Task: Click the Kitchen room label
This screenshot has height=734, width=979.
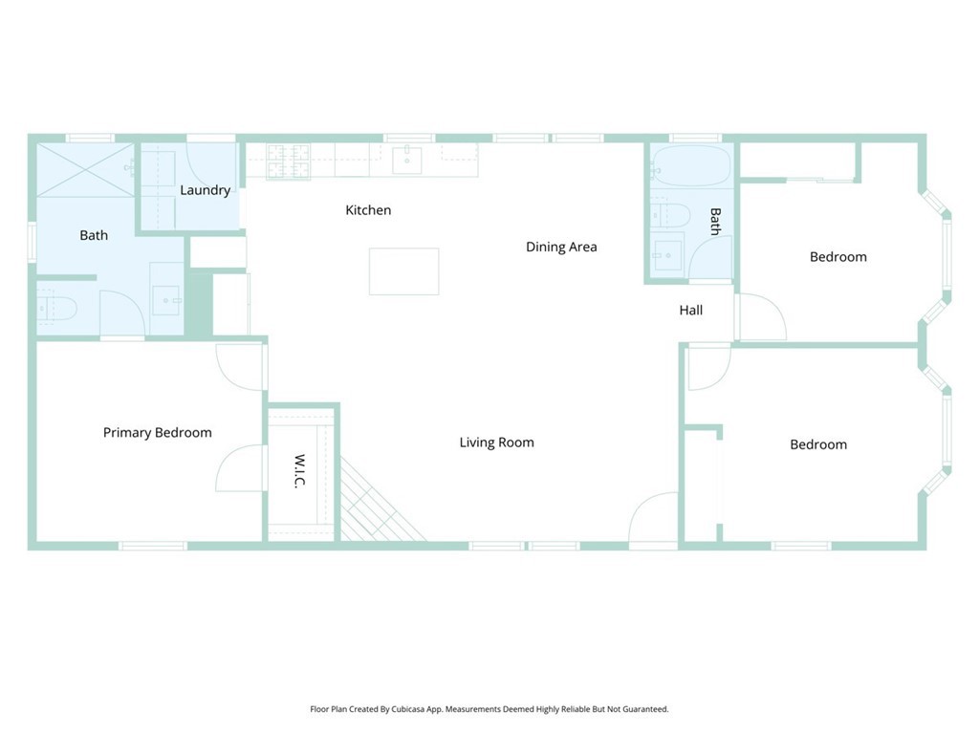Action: [x=368, y=210]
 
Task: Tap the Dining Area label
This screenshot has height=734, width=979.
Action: [x=561, y=248]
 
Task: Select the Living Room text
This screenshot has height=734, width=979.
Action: [x=497, y=443]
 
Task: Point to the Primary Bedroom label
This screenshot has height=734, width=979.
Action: [x=158, y=433]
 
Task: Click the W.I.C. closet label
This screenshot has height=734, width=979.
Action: [x=299, y=471]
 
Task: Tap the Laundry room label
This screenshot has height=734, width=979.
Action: [x=206, y=190]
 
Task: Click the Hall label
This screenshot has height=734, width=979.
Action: [x=691, y=311]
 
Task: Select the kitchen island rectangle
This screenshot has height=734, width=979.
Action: [x=404, y=271]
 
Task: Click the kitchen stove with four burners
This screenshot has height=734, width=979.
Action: [x=288, y=162]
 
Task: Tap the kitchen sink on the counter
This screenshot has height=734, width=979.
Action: [x=407, y=160]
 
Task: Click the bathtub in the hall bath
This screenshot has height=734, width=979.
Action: [x=690, y=166]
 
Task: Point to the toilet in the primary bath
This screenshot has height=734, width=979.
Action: [x=56, y=309]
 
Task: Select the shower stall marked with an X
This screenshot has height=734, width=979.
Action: [x=85, y=170]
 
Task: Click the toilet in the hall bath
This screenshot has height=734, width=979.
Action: [x=670, y=216]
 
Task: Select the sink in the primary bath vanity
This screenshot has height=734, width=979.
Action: [x=166, y=300]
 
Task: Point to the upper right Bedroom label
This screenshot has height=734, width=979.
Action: [x=838, y=257]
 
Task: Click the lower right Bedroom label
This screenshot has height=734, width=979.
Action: [x=818, y=445]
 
